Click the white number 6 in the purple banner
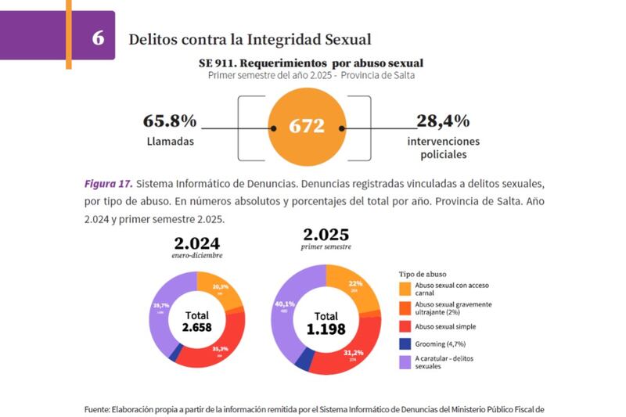click(98, 38)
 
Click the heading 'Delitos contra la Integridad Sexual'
click(249, 38)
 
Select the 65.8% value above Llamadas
click(169, 121)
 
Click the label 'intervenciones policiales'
click(443, 148)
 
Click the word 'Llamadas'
click(170, 142)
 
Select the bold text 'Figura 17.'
click(107, 185)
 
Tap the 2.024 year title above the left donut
click(196, 243)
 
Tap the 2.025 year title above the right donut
click(326, 235)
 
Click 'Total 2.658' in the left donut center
click(197, 321)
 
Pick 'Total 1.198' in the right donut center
click(326, 323)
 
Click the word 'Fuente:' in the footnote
click(97, 408)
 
